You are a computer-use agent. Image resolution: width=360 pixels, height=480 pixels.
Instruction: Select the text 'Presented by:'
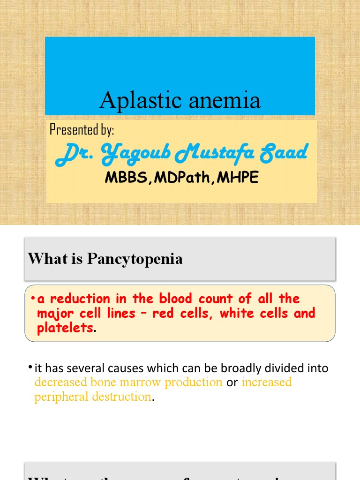(82, 129)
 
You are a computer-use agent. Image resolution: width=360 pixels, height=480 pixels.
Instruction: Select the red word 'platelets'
(65, 328)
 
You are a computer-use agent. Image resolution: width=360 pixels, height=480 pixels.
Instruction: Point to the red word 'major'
(52, 313)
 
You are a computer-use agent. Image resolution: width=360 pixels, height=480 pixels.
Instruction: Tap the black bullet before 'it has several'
(30, 366)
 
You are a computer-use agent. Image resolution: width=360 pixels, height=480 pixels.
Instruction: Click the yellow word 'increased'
(266, 382)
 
